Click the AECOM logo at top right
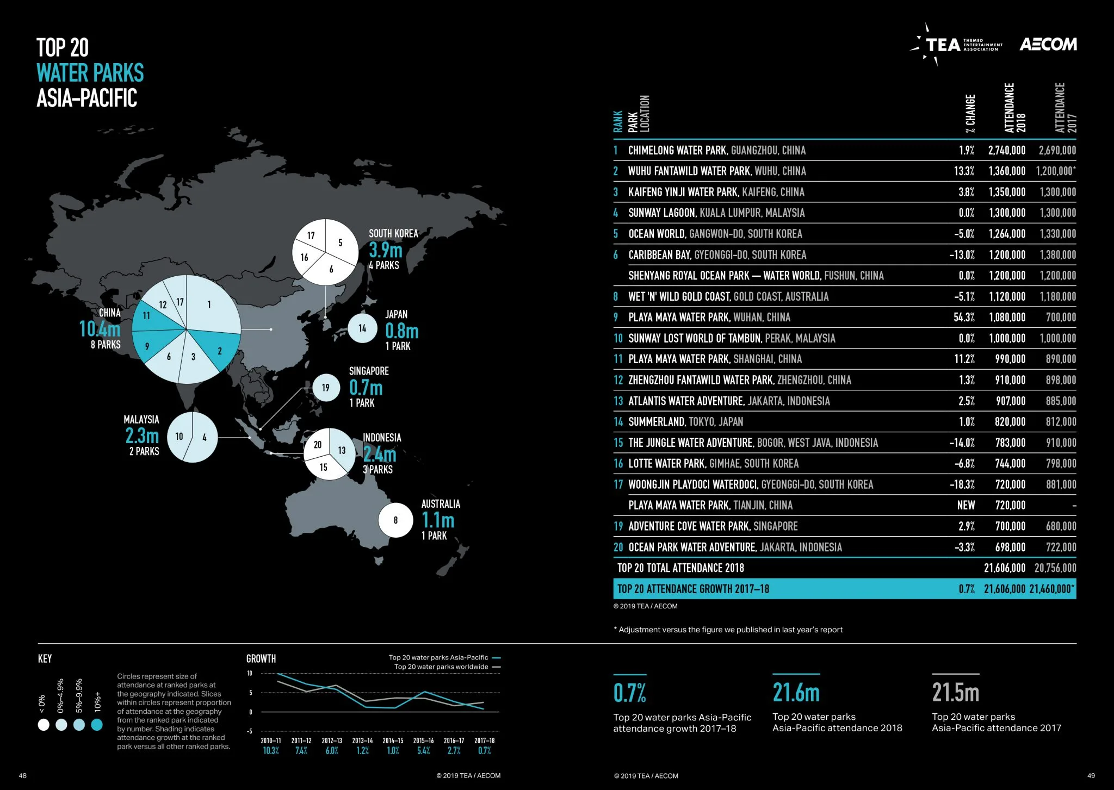(x=1048, y=44)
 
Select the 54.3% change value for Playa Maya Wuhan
(x=963, y=318)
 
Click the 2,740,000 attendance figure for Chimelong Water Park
(x=1006, y=151)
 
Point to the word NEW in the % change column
(x=966, y=506)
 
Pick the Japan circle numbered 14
(x=362, y=328)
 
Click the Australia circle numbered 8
(x=395, y=520)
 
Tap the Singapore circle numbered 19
(x=326, y=388)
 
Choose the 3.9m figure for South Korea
(x=386, y=250)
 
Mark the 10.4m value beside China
(x=100, y=329)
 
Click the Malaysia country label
(x=141, y=420)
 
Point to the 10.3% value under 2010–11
(x=270, y=751)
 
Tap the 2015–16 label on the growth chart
(x=423, y=741)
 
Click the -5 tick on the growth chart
(x=250, y=731)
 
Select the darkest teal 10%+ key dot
(x=97, y=725)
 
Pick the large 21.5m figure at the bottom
(x=955, y=693)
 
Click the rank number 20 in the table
(x=618, y=548)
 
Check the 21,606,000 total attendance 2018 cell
(x=1004, y=568)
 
